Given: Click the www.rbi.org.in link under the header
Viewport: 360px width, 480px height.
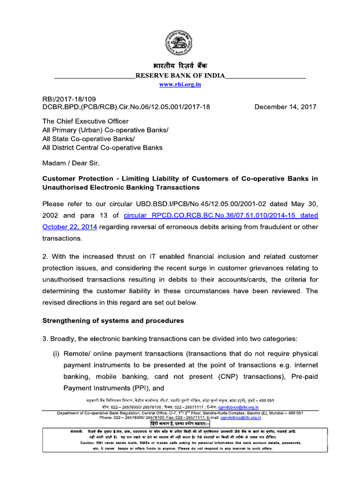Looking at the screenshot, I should pyautogui.click(x=180, y=84).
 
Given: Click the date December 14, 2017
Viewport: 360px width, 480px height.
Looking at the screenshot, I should pyautogui.click(x=285, y=107).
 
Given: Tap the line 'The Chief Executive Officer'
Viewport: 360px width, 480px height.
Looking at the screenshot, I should pyautogui.click(x=85, y=121).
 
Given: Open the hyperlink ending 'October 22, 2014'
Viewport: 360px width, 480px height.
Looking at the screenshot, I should pyautogui.click(x=69, y=227).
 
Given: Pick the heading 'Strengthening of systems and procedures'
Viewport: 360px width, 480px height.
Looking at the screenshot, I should pyautogui.click(x=113, y=321).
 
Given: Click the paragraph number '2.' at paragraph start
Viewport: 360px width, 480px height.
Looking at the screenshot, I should pyautogui.click(x=46, y=256).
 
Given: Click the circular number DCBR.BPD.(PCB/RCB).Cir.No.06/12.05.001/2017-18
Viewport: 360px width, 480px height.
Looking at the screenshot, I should pyautogui.click(x=126, y=107).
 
